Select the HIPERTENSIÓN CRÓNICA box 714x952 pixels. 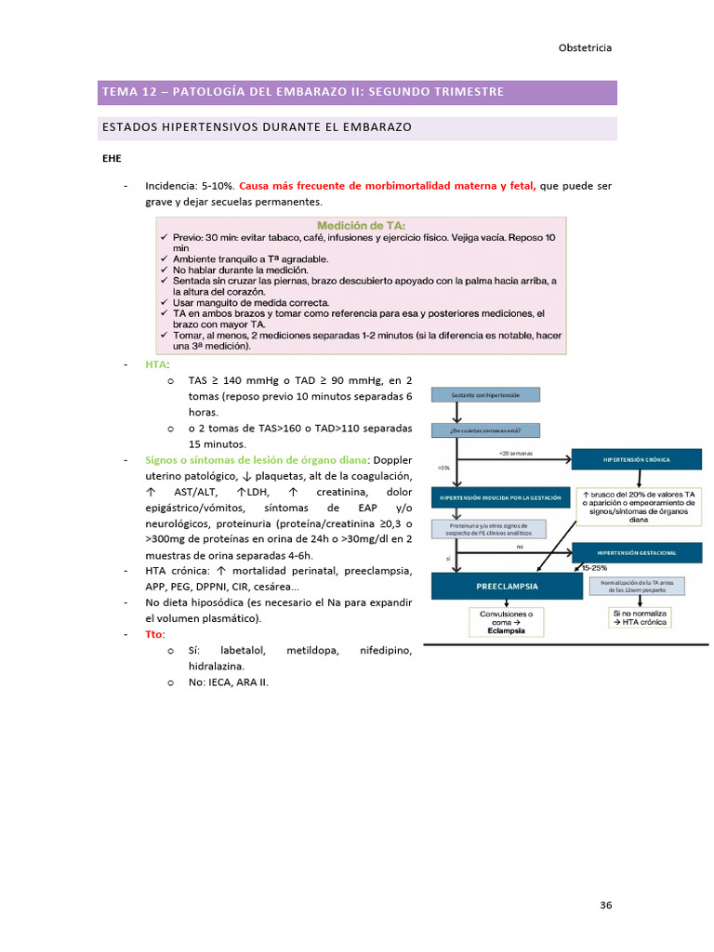click(636, 459)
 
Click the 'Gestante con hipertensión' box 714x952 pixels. click(484, 395)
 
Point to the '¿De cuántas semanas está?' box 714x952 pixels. click(484, 430)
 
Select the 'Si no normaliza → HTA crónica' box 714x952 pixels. click(640, 619)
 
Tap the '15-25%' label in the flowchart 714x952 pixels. click(594, 567)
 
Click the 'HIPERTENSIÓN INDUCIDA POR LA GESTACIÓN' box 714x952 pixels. click(500, 498)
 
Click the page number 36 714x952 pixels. click(605, 905)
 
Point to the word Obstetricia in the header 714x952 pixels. click(585, 48)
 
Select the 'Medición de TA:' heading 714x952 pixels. click(360, 225)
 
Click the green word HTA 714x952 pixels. click(155, 364)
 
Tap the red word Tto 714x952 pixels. click(153, 634)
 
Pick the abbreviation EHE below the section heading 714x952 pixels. click(112, 158)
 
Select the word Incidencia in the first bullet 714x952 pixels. click(170, 186)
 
